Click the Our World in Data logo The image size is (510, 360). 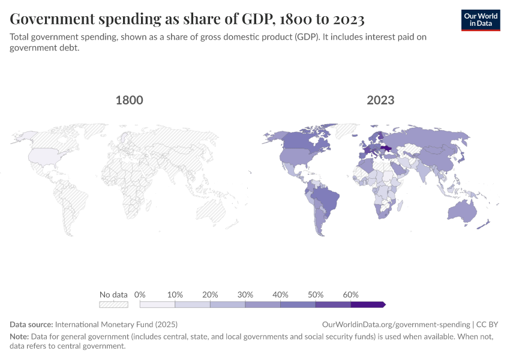click(x=480, y=20)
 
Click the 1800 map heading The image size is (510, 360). click(x=129, y=100)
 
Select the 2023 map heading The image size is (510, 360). click(x=380, y=100)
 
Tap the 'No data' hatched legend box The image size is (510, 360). click(x=113, y=305)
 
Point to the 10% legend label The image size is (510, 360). click(x=175, y=295)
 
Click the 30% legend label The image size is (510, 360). click(x=245, y=295)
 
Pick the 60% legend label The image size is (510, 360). click(x=351, y=295)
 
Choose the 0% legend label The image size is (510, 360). click(x=140, y=295)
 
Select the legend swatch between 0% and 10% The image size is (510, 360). click(x=157, y=305)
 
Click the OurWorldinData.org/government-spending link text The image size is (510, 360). click(x=396, y=324)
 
